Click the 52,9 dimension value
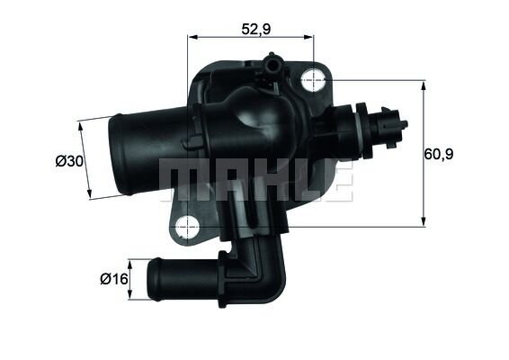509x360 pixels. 255,29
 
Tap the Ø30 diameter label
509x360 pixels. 68,161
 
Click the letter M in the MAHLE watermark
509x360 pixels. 180,181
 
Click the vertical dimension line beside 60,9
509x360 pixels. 423,153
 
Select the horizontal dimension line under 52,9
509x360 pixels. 251,38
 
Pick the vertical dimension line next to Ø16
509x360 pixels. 131,280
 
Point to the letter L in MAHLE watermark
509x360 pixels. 296,181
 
